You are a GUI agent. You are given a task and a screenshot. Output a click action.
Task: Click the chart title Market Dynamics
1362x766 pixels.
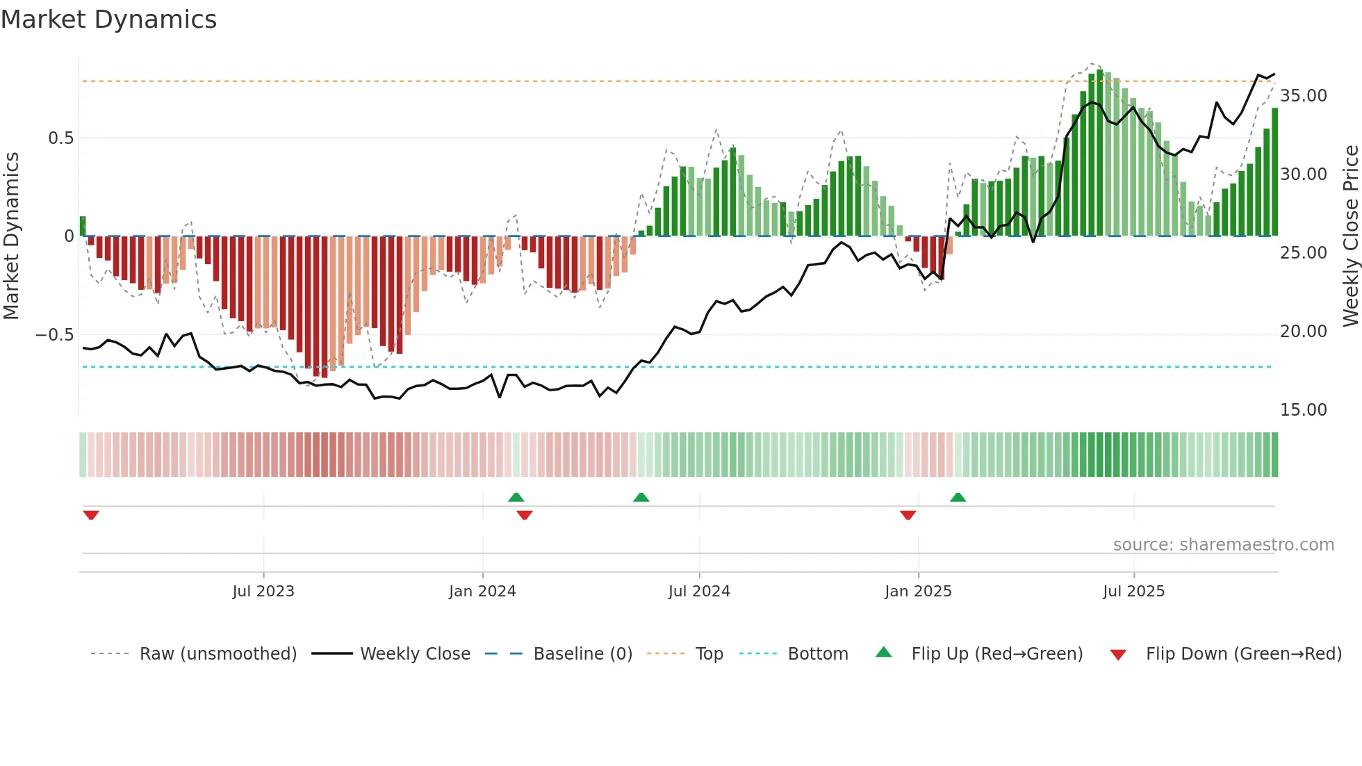coord(108,19)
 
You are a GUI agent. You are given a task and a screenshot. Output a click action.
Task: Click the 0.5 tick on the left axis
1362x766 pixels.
coord(60,138)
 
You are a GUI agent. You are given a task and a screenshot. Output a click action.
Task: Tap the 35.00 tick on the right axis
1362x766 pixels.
coord(1303,96)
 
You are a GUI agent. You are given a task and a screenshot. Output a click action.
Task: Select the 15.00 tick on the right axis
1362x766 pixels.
coord(1303,410)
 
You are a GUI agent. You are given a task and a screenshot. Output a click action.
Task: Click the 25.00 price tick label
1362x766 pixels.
coord(1303,253)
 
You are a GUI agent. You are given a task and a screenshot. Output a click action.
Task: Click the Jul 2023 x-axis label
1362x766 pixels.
coord(263,592)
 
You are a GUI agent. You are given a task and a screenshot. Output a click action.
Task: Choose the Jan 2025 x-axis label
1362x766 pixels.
coord(918,592)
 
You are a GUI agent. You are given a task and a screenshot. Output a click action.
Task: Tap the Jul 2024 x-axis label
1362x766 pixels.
coord(699,592)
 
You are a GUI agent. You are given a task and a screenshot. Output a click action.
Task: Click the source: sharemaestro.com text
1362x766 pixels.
coord(1223,545)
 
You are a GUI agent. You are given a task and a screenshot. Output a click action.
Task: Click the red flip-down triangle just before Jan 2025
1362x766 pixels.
coord(908,515)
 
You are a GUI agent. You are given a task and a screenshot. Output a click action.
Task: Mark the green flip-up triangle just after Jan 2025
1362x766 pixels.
coord(958,497)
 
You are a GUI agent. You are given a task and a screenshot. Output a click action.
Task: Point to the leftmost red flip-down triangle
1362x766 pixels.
coord(91,515)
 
